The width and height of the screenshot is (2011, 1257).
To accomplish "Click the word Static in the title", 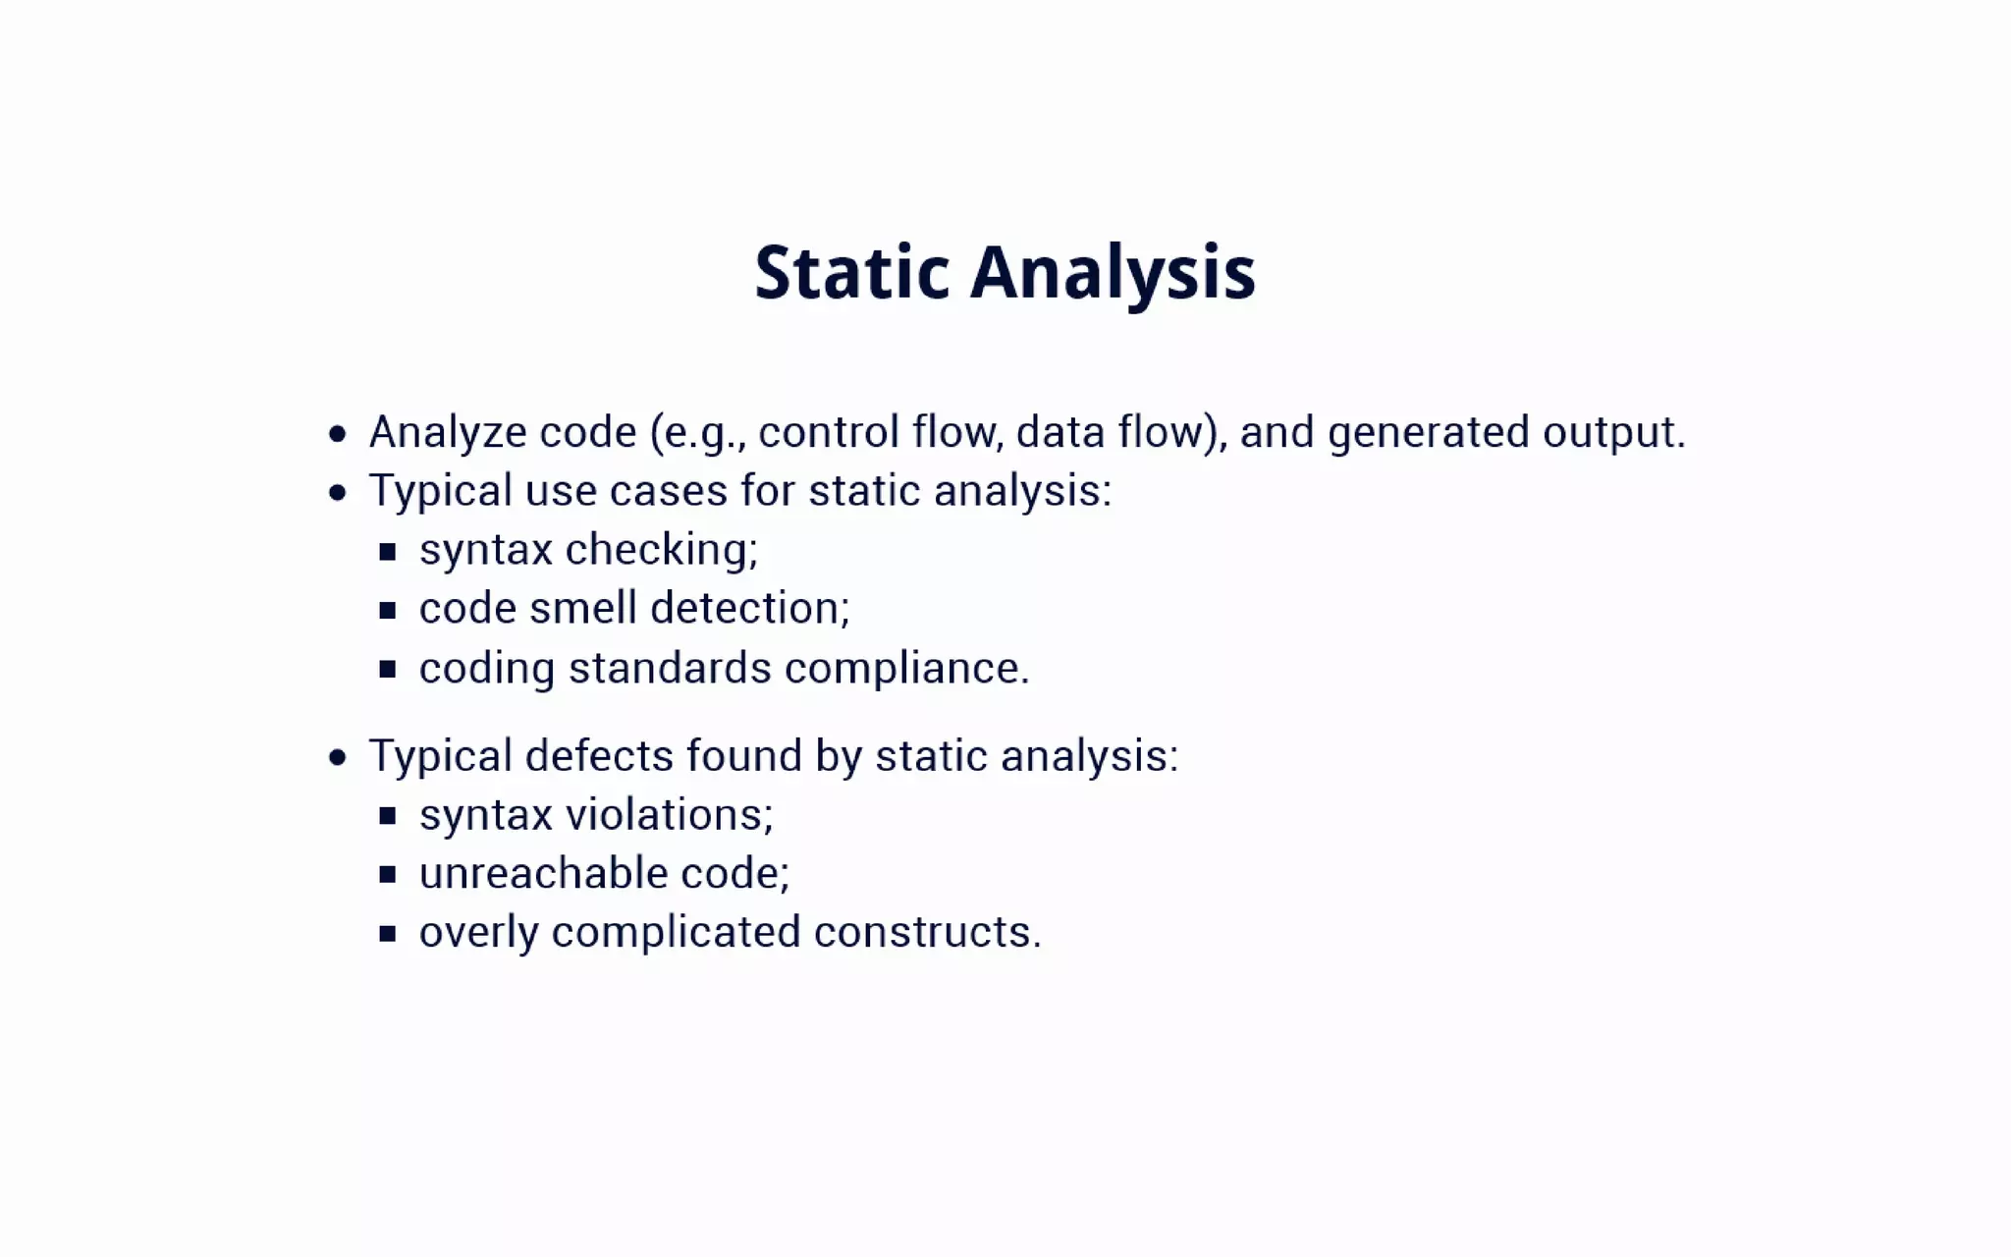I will coord(851,272).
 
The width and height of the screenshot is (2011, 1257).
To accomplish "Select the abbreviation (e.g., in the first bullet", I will coord(696,432).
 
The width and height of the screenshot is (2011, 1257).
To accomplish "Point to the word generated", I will coord(1429,432).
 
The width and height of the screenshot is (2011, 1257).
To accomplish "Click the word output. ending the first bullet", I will coord(1613,432).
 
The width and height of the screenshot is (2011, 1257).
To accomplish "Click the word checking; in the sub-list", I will coord(662,549).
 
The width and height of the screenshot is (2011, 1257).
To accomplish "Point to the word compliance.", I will coord(906,668).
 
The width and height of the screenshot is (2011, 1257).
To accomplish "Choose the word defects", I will coord(599,756).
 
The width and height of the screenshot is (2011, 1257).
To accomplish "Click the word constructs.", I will coord(927,932).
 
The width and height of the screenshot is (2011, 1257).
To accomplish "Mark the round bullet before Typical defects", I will coord(338,757).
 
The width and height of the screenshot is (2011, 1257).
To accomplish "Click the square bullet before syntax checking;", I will coord(388,552).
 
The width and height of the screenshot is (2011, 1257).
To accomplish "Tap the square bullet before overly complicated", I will coord(388,934).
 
